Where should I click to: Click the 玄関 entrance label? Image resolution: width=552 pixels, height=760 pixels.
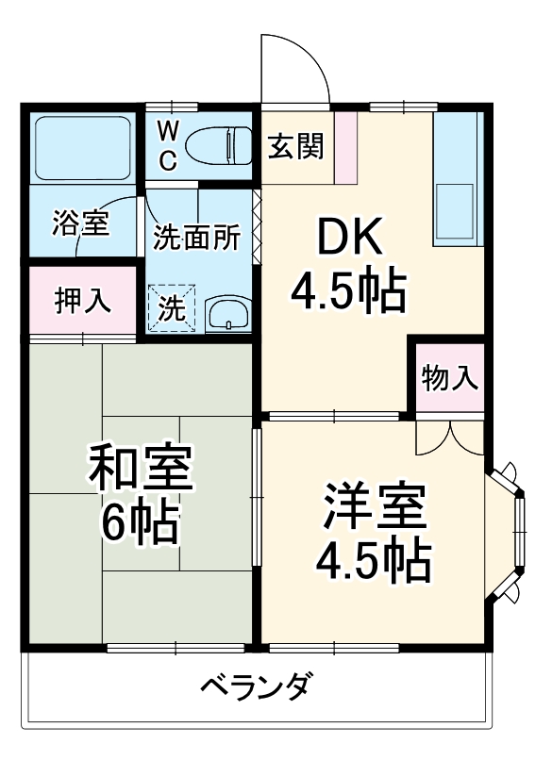click(295, 147)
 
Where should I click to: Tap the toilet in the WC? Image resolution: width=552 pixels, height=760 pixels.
click(218, 146)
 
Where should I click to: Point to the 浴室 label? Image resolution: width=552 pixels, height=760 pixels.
click(82, 225)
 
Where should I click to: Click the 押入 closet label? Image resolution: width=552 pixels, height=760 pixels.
click(82, 302)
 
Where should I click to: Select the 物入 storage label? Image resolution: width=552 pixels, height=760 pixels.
click(449, 378)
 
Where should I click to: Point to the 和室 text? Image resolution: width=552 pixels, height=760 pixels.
click(142, 469)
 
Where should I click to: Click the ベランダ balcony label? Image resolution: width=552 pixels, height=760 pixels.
click(255, 686)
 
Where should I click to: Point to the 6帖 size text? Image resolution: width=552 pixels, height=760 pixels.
click(142, 523)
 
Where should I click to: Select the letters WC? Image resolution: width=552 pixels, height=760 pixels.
click(166, 144)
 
